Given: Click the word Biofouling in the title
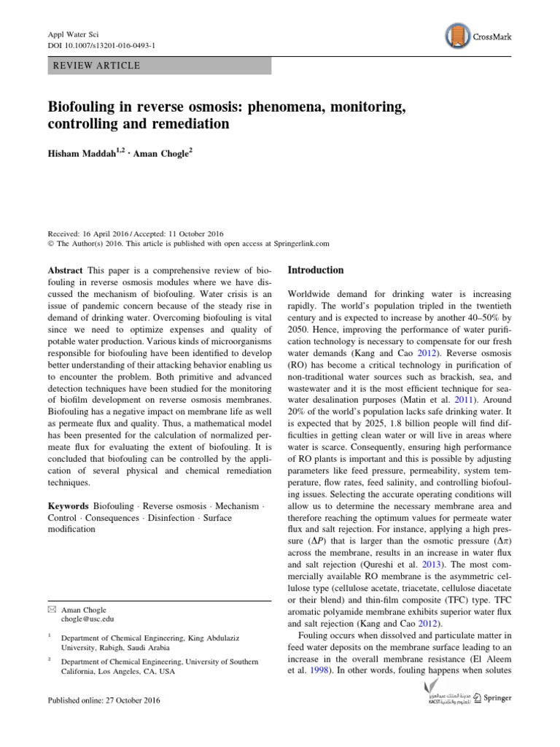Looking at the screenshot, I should tap(84, 107).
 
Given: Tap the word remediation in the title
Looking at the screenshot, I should tap(190, 124).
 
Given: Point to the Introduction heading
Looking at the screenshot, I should tap(316, 270).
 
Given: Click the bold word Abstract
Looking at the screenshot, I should tap(64, 270).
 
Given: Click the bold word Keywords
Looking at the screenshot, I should tap(68, 506).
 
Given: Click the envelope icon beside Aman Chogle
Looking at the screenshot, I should tap(51, 608).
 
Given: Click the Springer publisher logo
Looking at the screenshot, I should tap(493, 698).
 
